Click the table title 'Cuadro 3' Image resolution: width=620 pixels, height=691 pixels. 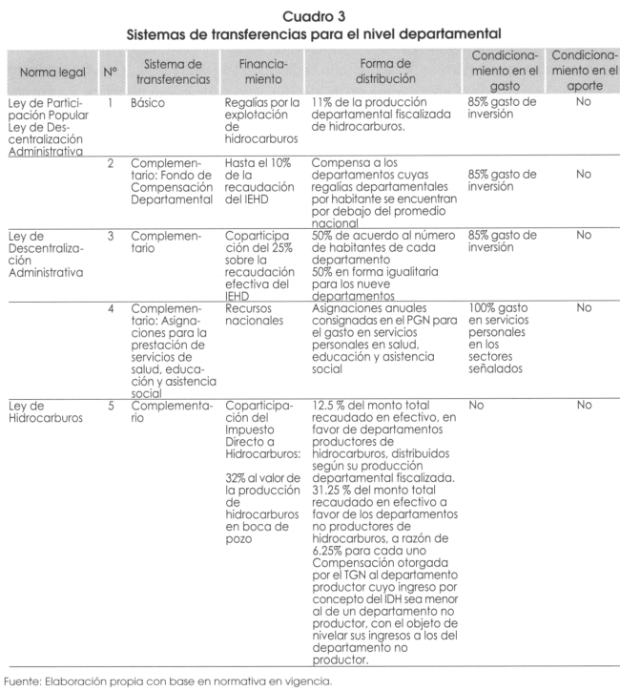(310, 13)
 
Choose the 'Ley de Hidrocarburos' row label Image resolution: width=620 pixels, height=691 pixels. (46, 412)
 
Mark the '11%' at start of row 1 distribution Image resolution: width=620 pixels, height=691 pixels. (324, 99)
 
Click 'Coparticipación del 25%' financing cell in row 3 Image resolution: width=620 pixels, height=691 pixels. (254, 258)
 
